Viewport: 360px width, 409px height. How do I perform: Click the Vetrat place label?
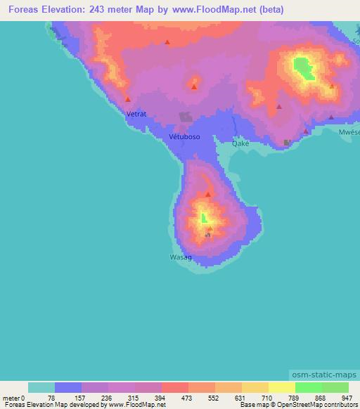click(136, 112)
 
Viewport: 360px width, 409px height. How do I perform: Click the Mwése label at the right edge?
click(349, 131)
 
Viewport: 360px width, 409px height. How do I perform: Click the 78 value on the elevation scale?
click(55, 398)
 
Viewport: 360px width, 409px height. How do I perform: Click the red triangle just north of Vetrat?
click(127, 99)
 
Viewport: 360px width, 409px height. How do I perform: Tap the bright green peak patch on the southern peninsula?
click(204, 218)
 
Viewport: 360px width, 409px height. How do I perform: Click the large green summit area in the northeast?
click(303, 67)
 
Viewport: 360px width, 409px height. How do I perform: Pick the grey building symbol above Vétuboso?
click(186, 117)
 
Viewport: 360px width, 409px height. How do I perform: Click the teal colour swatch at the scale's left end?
click(41, 387)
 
